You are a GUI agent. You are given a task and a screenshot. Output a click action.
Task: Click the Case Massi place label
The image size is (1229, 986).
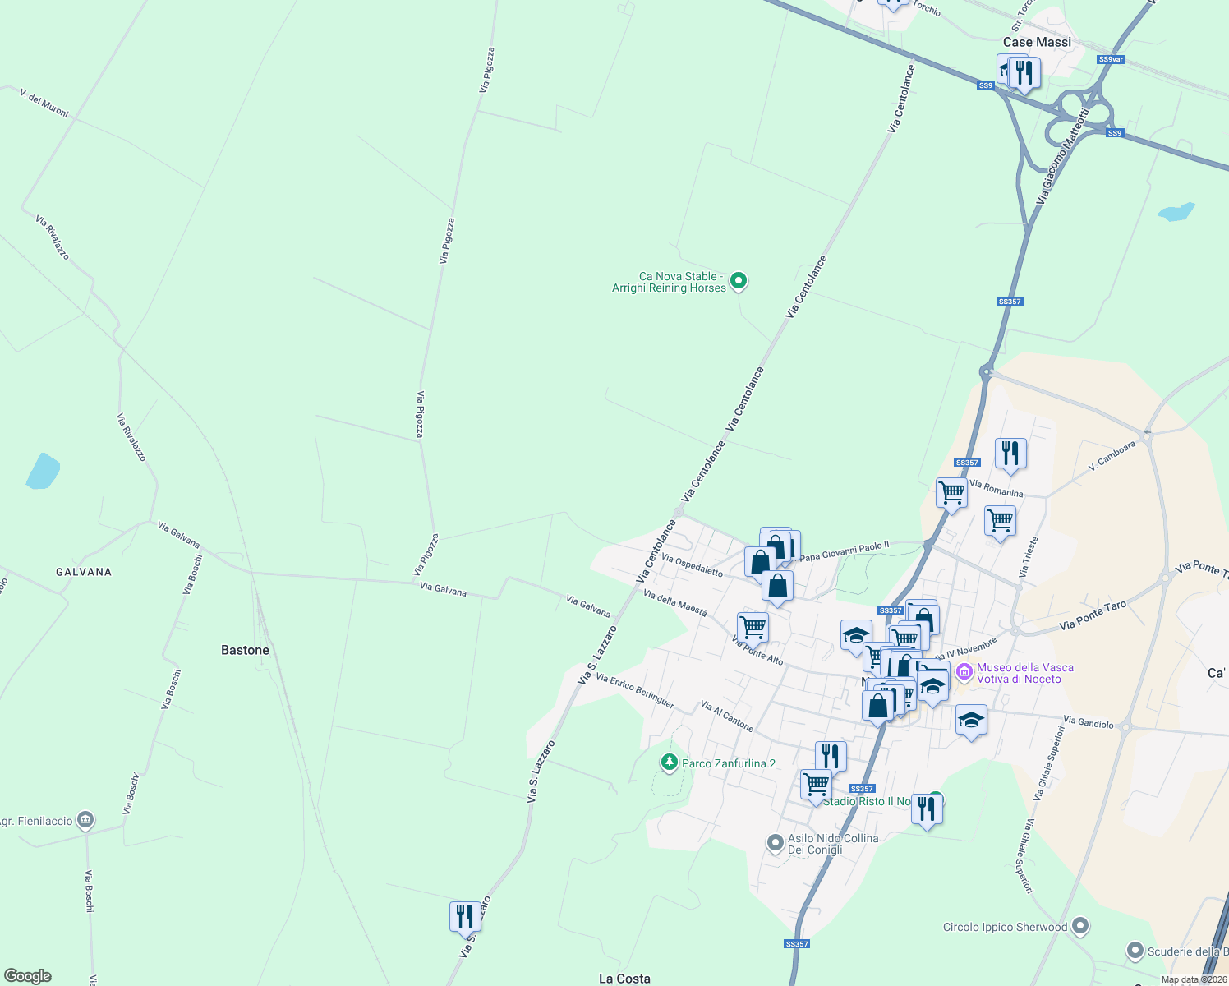(1037, 42)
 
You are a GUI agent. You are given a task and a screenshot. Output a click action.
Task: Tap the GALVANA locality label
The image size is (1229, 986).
(84, 572)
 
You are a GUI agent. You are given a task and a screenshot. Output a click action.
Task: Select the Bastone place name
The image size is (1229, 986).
(245, 650)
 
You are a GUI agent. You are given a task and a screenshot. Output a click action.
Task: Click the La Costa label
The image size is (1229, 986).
(624, 978)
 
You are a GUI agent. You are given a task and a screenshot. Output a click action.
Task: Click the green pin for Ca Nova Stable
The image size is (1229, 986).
(739, 281)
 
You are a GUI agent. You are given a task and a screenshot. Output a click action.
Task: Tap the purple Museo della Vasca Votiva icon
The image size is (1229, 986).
(964, 672)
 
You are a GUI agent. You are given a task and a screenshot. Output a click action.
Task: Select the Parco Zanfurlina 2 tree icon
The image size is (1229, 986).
(670, 763)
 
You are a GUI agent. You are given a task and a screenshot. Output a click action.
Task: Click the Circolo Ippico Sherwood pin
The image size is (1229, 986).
(1080, 927)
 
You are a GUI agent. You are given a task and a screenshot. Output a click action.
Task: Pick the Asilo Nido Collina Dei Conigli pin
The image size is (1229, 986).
(775, 843)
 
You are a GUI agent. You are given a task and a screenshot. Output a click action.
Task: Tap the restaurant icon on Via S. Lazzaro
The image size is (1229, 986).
(465, 915)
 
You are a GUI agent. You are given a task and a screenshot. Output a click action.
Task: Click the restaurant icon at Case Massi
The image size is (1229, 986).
(1024, 72)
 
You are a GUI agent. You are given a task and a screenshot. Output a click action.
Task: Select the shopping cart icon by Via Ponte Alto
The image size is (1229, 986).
(753, 627)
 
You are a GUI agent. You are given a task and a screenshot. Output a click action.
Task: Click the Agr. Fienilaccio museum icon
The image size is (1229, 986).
(85, 820)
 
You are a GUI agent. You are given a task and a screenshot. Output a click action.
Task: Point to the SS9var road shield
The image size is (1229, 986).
(1111, 59)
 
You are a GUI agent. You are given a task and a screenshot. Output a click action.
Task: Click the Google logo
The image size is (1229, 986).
(28, 976)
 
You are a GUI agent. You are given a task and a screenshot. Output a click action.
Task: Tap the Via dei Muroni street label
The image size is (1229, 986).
(44, 104)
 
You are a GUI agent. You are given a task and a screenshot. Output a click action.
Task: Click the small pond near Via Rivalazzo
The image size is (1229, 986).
(43, 472)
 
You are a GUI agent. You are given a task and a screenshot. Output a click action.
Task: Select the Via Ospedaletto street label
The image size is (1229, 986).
(692, 565)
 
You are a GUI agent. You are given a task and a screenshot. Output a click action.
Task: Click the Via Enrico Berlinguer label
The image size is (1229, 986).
(635, 691)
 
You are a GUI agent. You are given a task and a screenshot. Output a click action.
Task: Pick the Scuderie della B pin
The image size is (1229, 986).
(1135, 951)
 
